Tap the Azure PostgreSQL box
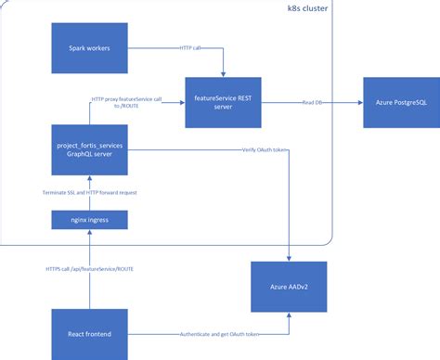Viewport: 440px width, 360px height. pos(399,103)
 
